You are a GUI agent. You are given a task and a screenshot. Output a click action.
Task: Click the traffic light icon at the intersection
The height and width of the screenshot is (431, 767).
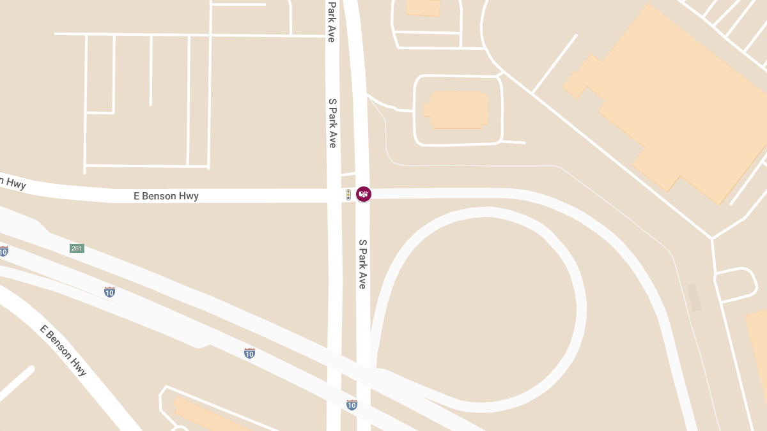(348, 195)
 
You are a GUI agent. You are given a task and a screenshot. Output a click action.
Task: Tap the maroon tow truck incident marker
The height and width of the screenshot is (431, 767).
(364, 194)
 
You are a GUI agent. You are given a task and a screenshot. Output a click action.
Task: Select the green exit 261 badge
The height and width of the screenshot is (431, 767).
(77, 248)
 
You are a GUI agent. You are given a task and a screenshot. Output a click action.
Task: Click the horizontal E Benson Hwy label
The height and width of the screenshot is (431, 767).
(166, 196)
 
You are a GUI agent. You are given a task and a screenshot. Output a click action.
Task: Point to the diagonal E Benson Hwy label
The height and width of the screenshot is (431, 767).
(63, 350)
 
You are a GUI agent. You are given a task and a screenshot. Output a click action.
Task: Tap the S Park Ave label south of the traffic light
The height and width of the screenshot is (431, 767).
(362, 264)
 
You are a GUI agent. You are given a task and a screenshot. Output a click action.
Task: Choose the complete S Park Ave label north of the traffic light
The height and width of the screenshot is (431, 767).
(332, 123)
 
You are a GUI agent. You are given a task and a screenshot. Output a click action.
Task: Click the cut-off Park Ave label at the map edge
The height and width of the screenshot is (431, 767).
(332, 20)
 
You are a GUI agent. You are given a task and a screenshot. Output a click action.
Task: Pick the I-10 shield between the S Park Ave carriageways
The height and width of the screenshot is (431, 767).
(352, 405)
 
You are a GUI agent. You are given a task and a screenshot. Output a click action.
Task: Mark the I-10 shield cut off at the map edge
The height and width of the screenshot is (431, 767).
(3, 251)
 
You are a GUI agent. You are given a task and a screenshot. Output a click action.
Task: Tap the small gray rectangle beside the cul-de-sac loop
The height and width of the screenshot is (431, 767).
(694, 298)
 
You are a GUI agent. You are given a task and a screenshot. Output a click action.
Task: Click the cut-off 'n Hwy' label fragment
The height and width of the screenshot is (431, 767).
(13, 183)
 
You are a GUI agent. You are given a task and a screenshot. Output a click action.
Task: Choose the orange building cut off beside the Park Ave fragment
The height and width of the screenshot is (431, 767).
(423, 7)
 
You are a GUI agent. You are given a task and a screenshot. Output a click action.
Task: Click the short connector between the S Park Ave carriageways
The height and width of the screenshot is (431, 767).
(348, 173)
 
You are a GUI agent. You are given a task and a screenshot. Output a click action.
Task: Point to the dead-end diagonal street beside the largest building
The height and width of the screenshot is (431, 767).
(554, 64)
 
